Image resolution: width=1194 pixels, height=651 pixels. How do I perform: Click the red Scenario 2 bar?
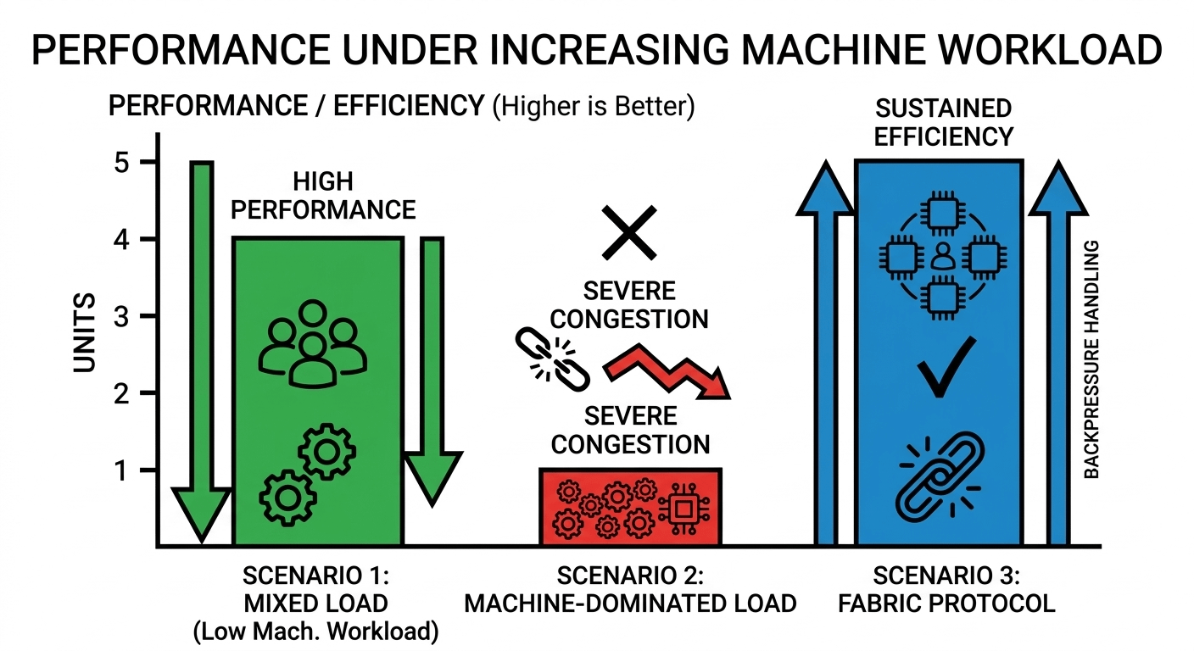pos(630,507)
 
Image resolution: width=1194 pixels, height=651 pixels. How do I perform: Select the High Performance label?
pos(323,196)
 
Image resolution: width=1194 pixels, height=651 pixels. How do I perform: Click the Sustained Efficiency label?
pos(943,122)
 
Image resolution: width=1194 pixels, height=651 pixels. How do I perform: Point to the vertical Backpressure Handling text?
pos(1092,360)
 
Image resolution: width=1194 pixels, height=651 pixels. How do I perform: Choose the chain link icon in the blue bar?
pos(938,480)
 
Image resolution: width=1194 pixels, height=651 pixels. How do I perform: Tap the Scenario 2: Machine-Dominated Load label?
pos(630,590)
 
